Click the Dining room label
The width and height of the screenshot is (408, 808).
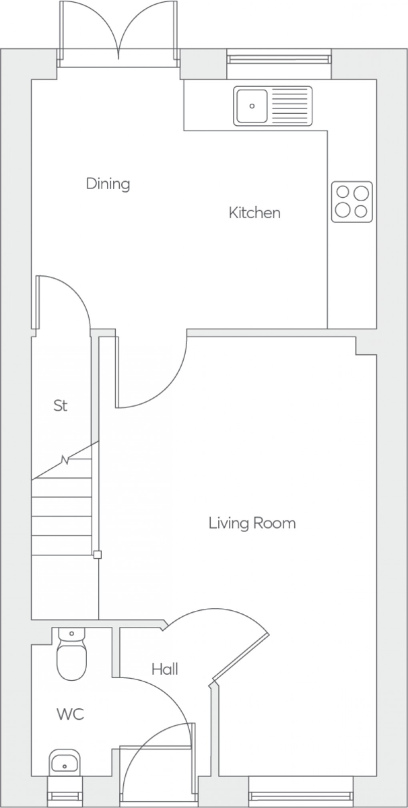coord(108,184)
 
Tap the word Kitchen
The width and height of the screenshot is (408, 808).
coord(254,213)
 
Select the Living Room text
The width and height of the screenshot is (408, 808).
coord(252,523)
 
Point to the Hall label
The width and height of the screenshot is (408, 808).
coord(164,669)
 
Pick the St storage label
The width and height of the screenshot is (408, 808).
coord(60,406)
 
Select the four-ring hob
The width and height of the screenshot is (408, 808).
coord(352,202)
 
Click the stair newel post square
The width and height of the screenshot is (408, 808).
coord(97,555)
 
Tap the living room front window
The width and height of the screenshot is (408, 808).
coord(300,792)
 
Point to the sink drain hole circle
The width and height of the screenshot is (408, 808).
coord(252,106)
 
